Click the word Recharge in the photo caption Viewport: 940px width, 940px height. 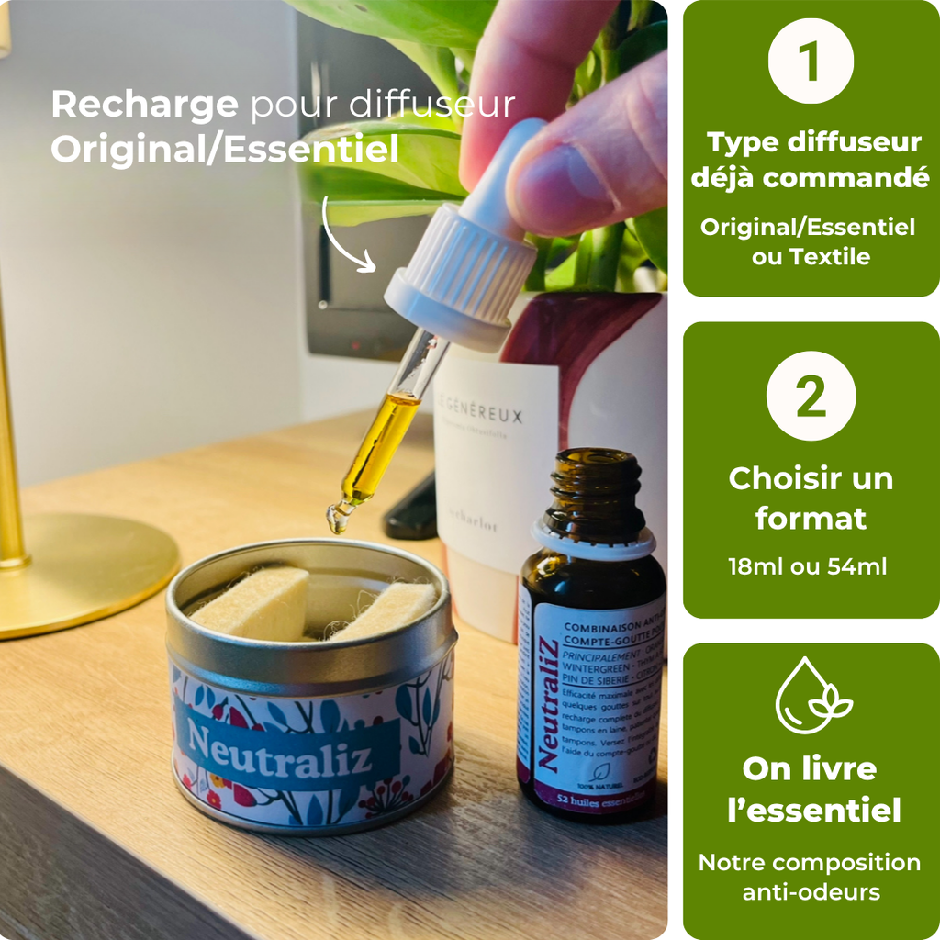pyautogui.click(x=144, y=105)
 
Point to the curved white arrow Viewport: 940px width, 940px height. pyautogui.click(x=347, y=236)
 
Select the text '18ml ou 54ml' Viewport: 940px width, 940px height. pyautogui.click(x=808, y=566)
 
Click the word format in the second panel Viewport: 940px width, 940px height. pyautogui.click(x=811, y=519)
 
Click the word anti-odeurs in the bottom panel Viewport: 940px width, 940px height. pyautogui.click(x=811, y=892)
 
